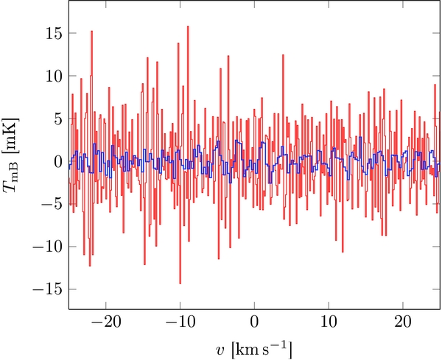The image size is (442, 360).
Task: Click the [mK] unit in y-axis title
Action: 16,141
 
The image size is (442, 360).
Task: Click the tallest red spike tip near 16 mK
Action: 188,27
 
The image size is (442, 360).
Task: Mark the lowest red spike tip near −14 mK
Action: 180,283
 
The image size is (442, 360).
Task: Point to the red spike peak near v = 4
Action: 284,54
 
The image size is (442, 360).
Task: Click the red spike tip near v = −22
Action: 91,31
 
